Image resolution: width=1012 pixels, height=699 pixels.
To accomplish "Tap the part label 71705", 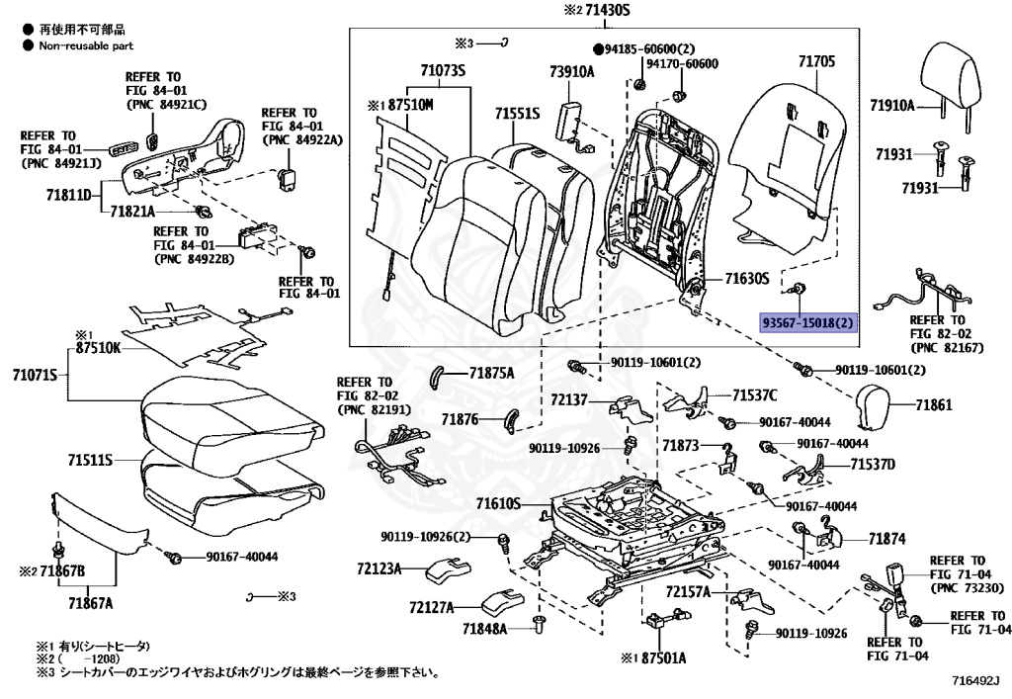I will click(x=816, y=61).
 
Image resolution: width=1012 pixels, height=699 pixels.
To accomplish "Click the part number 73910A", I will click(x=572, y=72).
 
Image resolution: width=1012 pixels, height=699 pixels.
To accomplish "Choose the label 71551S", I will click(x=518, y=115).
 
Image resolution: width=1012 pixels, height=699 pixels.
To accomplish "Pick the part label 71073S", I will click(x=442, y=70).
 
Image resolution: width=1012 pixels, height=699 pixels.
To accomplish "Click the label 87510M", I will click(x=408, y=104).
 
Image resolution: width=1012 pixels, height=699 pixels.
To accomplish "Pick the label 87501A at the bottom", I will click(x=659, y=657).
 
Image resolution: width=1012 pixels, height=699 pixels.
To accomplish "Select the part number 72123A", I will click(x=379, y=569).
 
